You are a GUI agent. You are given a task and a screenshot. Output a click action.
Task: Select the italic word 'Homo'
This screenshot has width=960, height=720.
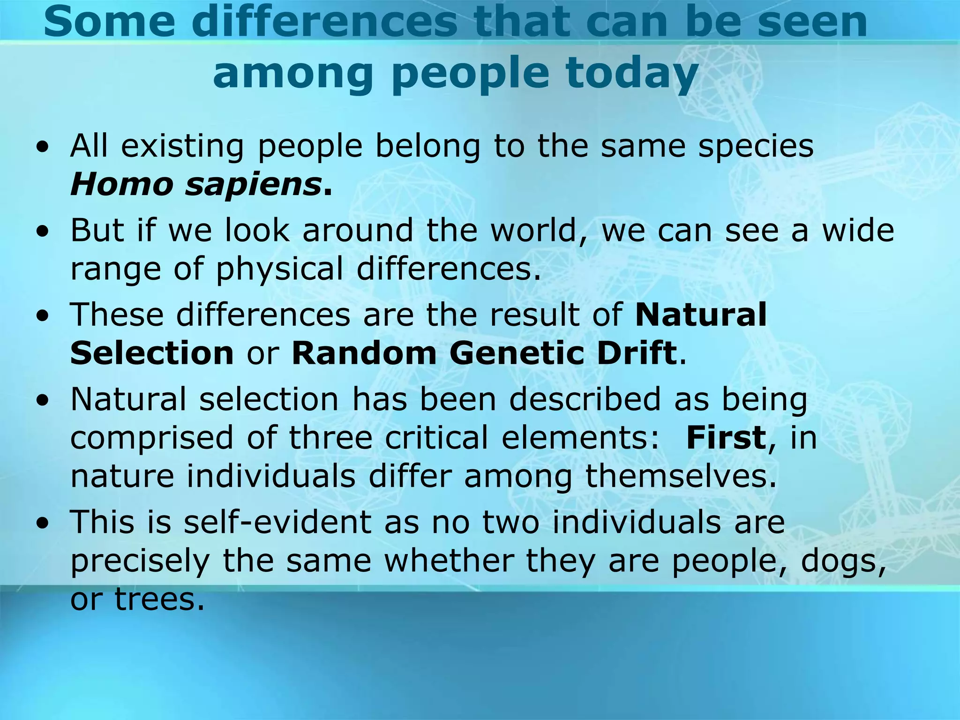(x=121, y=184)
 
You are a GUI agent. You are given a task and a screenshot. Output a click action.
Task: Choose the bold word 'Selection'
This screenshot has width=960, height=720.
(x=152, y=353)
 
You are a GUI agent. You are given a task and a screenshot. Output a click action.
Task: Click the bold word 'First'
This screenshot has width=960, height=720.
(x=726, y=437)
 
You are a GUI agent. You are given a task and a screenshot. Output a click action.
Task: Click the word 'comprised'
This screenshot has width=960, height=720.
(x=151, y=438)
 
